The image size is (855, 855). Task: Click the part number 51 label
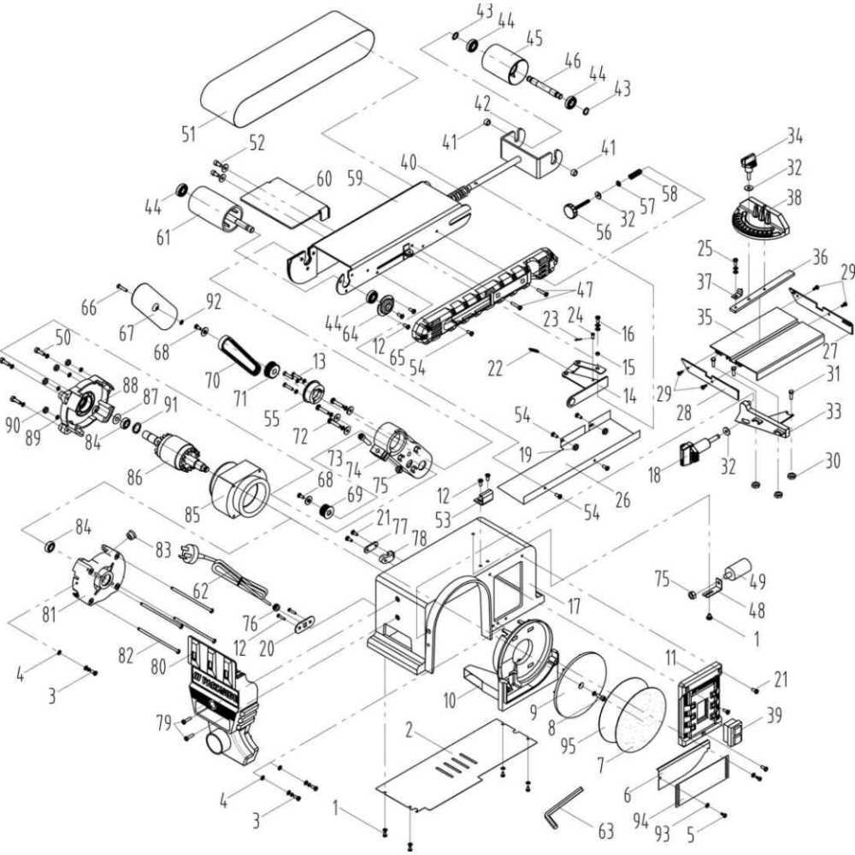point(189,133)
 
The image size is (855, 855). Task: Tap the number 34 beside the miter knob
point(796,136)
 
